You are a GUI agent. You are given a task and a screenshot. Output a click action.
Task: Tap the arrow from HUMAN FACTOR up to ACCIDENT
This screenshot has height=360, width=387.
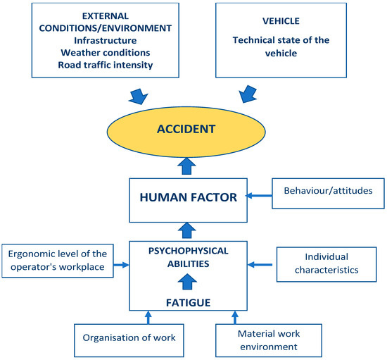click(186, 166)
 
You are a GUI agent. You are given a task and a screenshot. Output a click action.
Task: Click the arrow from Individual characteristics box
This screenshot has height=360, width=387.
click(261, 266)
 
